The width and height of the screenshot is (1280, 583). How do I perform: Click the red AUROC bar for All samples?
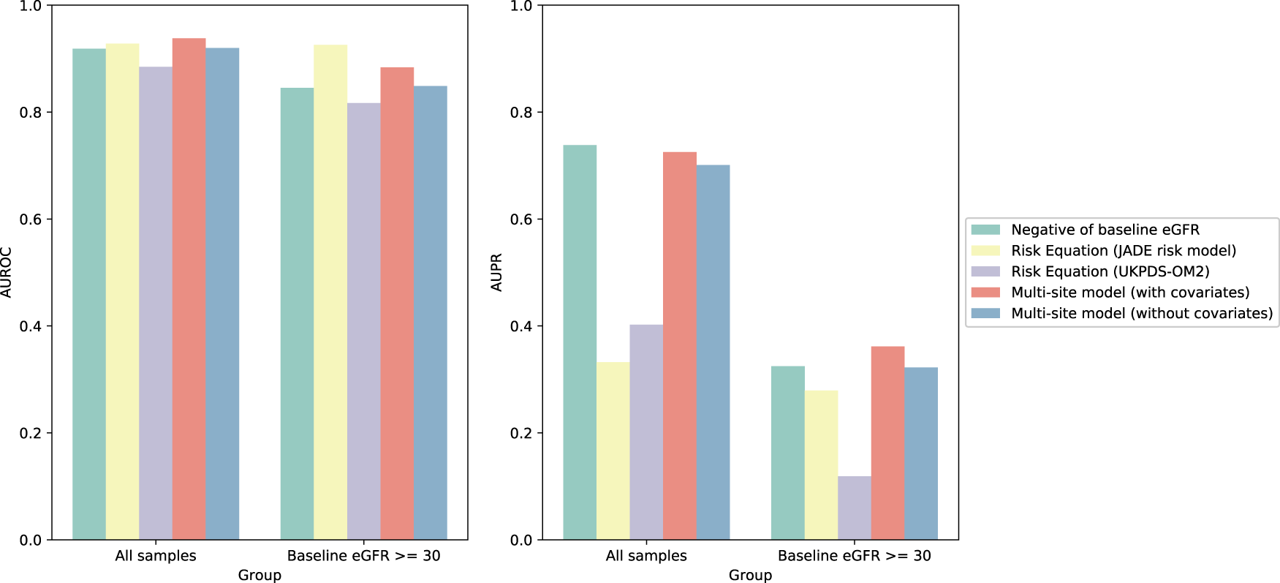189,289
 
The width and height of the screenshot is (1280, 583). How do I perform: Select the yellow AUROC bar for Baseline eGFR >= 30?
330,293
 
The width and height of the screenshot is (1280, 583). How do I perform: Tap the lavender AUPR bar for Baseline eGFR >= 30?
854,508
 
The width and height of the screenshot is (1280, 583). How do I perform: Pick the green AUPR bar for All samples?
580,342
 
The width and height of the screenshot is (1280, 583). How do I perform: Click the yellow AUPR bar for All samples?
613,451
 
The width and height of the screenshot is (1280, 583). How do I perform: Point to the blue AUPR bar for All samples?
713,353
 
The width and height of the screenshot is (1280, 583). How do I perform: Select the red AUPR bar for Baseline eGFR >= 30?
887,443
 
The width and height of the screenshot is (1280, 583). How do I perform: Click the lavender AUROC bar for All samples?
156,303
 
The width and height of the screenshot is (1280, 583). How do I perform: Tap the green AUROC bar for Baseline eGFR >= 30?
297,314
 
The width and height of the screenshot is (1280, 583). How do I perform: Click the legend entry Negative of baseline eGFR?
1105,230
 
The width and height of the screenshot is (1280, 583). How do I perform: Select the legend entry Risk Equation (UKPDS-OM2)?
1110,271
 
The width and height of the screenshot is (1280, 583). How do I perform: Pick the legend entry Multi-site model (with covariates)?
1129,293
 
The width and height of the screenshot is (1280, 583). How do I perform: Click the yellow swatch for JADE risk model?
985,251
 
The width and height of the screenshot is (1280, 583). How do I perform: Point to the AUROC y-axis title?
7,273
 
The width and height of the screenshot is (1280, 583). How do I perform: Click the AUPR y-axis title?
497,273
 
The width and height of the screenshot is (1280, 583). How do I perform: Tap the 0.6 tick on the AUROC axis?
31,219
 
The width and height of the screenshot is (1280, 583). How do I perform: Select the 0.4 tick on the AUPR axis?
521,326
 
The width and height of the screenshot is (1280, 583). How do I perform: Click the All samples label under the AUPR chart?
646,556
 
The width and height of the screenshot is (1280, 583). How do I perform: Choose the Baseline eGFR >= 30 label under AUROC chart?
363,556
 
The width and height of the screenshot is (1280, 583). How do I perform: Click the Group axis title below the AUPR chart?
750,575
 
